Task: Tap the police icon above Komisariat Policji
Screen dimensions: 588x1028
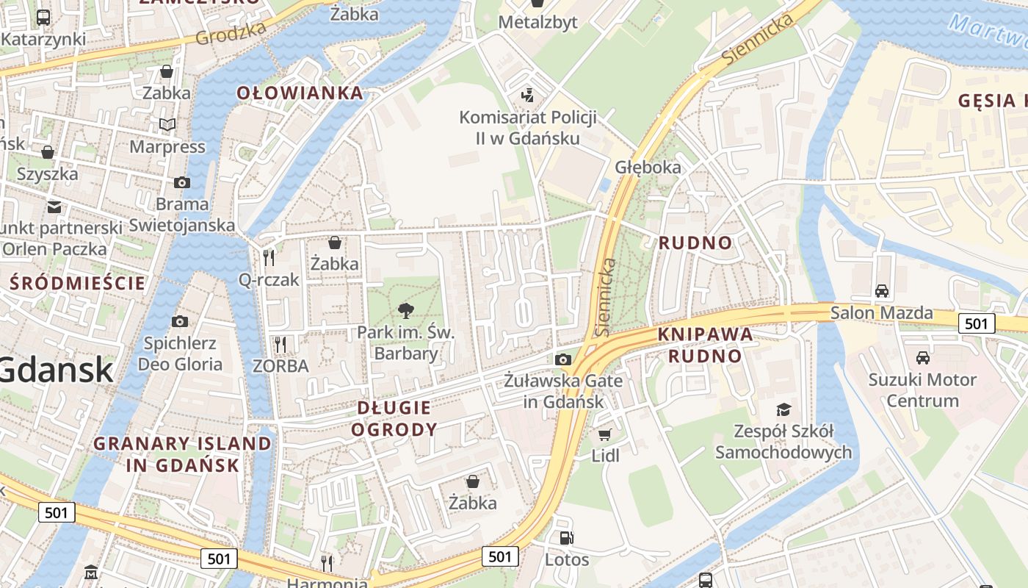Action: [526, 96]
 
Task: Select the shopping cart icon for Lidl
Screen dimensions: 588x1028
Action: [605, 434]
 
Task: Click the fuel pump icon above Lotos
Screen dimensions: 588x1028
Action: [566, 538]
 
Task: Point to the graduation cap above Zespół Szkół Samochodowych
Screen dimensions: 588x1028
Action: [783, 409]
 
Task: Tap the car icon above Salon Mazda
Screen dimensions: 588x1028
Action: [882, 290]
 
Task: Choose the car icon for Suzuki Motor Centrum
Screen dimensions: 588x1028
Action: [922, 358]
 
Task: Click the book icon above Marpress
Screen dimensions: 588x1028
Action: [167, 125]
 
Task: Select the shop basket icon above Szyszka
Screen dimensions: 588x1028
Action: [48, 152]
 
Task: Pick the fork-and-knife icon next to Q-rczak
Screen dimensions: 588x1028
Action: [269, 257]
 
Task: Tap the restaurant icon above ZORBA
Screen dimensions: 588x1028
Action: [280, 344]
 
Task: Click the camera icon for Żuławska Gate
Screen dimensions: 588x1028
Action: [563, 359]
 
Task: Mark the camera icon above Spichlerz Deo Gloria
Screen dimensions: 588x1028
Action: [180, 321]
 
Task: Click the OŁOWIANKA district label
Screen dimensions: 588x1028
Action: [300, 93]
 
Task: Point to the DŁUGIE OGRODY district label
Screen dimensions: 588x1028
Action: [394, 418]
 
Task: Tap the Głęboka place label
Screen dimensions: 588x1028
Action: [648, 167]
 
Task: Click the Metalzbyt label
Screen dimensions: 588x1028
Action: [537, 23]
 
